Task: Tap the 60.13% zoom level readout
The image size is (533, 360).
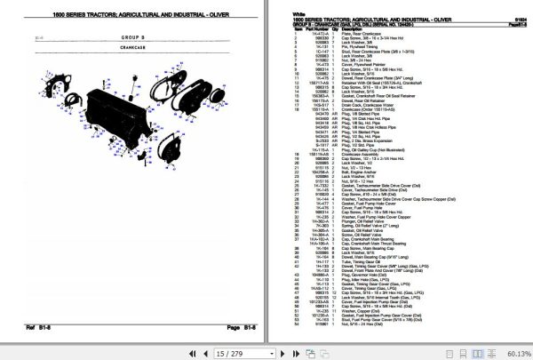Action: (x=514, y=353)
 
